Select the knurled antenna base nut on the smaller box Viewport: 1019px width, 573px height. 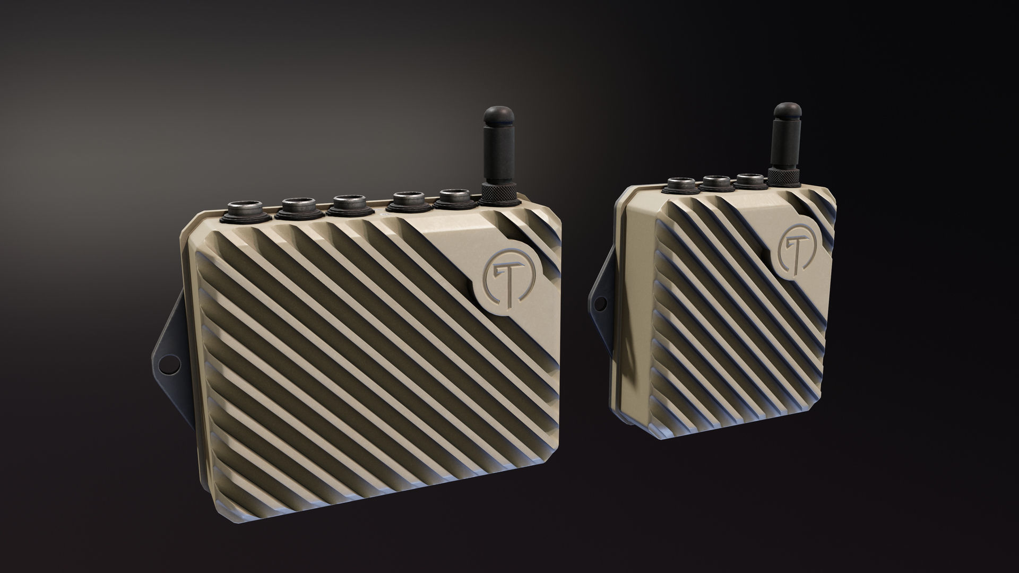pyautogui.click(x=783, y=177)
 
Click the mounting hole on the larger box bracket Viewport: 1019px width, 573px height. pyautogui.click(x=167, y=364)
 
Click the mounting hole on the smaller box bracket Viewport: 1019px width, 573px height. pyautogui.click(x=601, y=303)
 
